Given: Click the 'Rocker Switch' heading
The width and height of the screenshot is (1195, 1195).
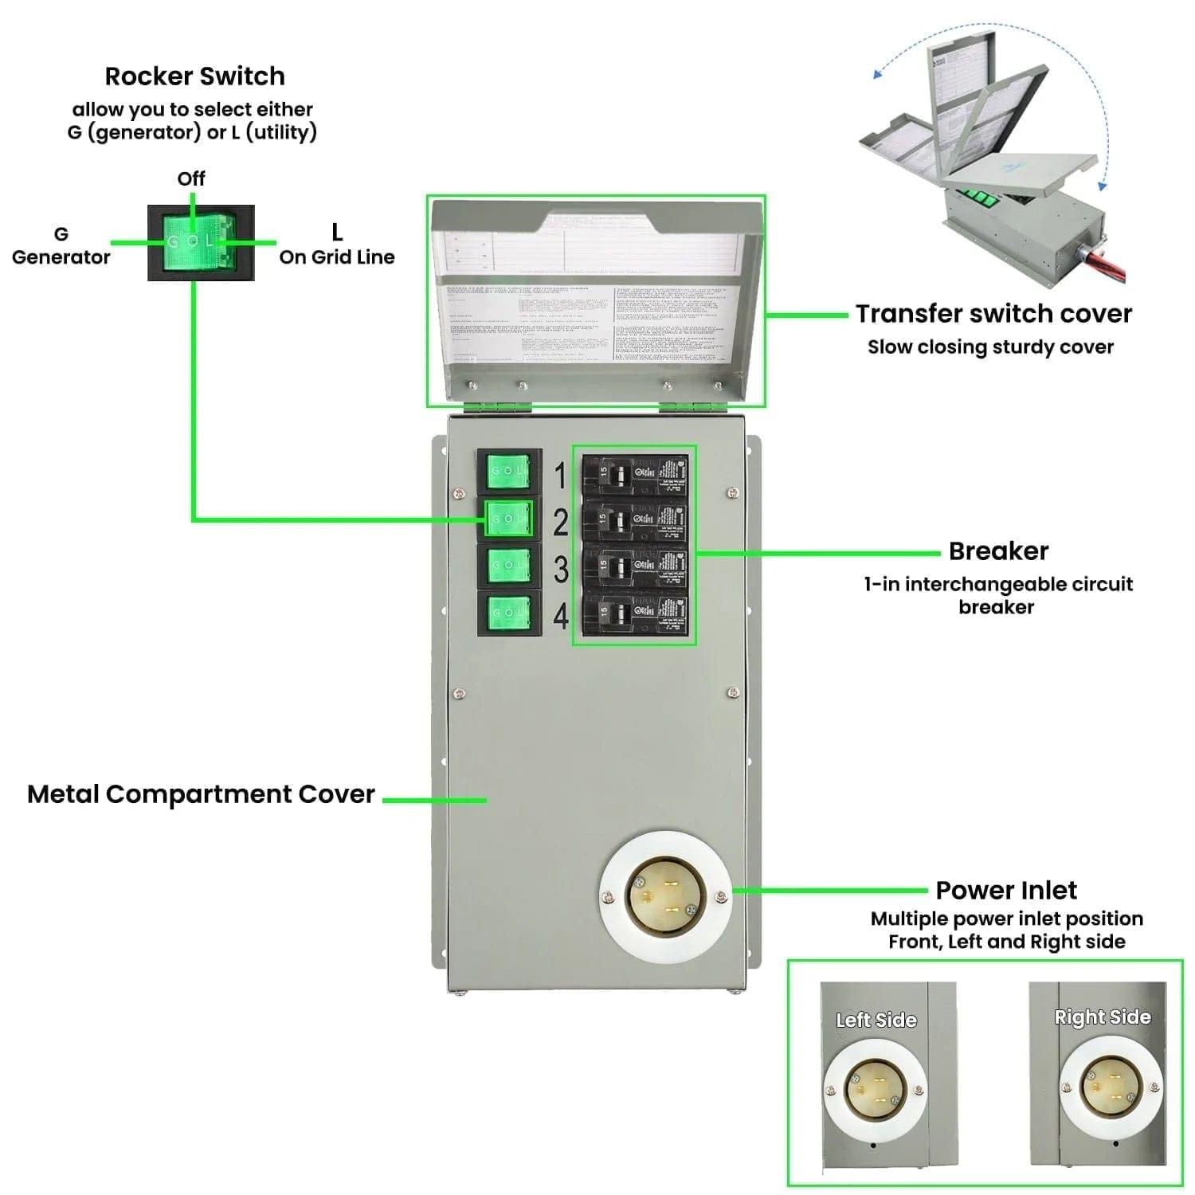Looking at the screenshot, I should tap(194, 76).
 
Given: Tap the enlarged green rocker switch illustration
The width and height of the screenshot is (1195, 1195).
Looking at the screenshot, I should tap(201, 242).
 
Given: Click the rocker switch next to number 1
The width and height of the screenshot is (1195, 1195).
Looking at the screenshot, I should tap(509, 472).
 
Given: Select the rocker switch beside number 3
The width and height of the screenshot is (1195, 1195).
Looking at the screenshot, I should tap(509, 566).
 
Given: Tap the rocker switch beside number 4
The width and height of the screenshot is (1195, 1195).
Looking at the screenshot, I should tap(509, 613).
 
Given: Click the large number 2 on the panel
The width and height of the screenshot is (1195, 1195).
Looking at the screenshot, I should tap(561, 522).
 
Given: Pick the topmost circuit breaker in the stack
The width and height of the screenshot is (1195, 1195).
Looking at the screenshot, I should tap(635, 476).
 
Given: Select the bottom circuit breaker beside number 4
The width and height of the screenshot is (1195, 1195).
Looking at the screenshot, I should tap(635, 613).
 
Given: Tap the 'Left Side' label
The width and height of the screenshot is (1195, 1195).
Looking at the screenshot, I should tap(876, 1020).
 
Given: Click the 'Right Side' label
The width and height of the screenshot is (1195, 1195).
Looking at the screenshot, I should tap(1102, 1017).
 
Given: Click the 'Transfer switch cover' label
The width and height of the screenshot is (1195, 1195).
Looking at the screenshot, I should tap(993, 314).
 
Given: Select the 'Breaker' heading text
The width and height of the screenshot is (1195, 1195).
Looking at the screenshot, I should tap(998, 551).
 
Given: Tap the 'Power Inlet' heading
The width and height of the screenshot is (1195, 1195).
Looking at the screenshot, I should tap(1006, 890).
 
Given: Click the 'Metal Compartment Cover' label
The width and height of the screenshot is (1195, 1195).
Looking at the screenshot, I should tap(201, 794).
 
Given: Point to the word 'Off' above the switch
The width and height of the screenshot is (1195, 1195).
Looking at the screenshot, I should tap(191, 178).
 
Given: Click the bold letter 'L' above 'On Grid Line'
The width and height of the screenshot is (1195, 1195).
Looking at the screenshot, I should tap(337, 232).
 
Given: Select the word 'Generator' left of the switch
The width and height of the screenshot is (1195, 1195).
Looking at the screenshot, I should tap(61, 257).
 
